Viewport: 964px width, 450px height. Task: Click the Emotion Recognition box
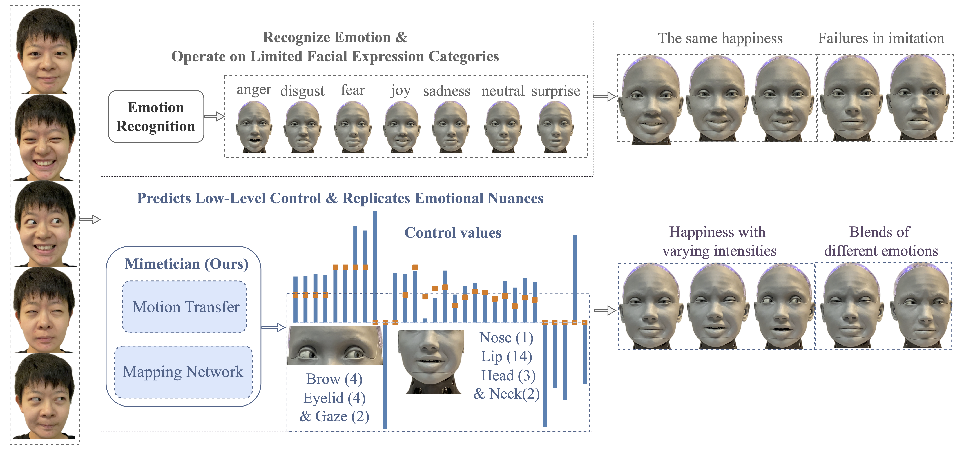[x=156, y=117]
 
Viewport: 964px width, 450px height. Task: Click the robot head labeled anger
[x=254, y=127]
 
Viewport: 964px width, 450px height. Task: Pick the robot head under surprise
[x=555, y=127]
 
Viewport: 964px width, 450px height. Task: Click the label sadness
[x=446, y=91]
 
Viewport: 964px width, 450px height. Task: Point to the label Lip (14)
[x=506, y=356]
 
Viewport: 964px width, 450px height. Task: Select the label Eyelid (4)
[x=334, y=398]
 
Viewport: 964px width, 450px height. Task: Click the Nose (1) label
[x=506, y=338]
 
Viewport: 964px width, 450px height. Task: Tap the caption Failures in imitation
[x=881, y=39]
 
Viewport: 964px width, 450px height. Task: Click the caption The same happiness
[x=720, y=39]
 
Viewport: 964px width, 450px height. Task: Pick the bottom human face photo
[x=45, y=397]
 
